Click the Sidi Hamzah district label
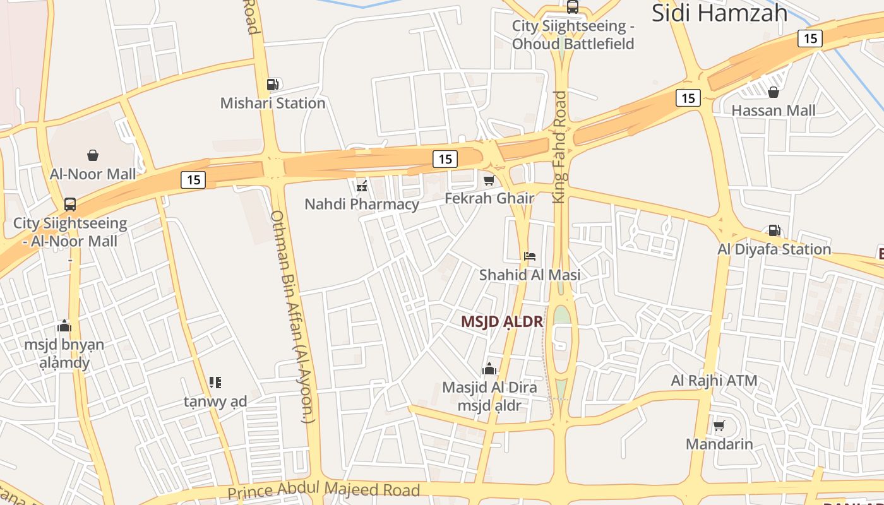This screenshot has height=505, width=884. pyautogui.click(x=719, y=13)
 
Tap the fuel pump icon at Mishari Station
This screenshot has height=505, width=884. pyautogui.click(x=272, y=84)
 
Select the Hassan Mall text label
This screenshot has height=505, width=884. pyautogui.click(x=773, y=110)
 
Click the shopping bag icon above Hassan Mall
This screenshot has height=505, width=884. pyautogui.click(x=773, y=93)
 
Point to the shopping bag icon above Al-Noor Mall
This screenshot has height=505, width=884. pyautogui.click(x=93, y=155)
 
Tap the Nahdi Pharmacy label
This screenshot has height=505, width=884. pyautogui.click(x=361, y=204)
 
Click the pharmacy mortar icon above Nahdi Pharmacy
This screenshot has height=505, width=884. pyautogui.click(x=362, y=186)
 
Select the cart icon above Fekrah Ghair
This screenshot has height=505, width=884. pyautogui.click(x=489, y=181)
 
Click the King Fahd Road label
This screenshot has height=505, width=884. pyautogui.click(x=560, y=147)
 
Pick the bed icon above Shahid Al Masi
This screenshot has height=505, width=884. pyautogui.click(x=530, y=256)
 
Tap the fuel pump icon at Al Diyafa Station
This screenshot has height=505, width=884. pyautogui.click(x=774, y=230)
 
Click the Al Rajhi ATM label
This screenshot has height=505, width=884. pyautogui.click(x=714, y=381)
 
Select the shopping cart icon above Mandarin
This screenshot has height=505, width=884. pyautogui.click(x=719, y=425)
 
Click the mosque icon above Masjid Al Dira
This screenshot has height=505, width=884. pyautogui.click(x=489, y=369)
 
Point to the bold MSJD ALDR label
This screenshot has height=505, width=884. pyautogui.click(x=501, y=321)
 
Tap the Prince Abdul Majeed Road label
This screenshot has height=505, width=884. pyautogui.click(x=323, y=490)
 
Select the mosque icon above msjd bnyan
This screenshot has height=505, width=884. pyautogui.click(x=64, y=326)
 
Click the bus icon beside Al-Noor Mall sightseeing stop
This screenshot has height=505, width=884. pyautogui.click(x=70, y=205)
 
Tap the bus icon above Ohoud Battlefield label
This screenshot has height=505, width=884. pyautogui.click(x=573, y=7)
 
